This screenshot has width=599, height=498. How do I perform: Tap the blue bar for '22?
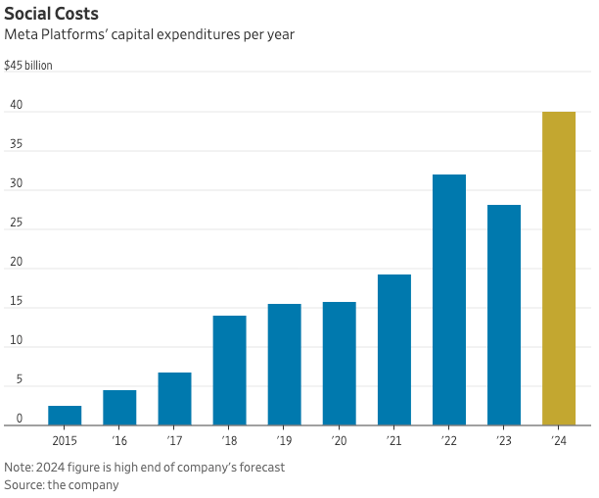tap(449, 299)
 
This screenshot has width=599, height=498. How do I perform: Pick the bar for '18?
tap(230, 370)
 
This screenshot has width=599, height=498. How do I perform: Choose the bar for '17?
tap(174, 398)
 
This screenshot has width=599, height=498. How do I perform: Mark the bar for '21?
tap(394, 349)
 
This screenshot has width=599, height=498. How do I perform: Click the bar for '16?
tap(119, 407)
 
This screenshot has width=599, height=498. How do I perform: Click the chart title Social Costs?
tap(51, 14)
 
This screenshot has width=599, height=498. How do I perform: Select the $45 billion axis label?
tap(28, 66)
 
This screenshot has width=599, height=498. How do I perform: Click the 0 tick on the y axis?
tap(19, 419)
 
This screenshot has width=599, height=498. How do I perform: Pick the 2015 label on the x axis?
tap(65, 442)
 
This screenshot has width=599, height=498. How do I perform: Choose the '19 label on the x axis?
tap(285, 442)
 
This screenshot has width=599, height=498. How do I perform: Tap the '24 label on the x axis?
tap(559, 442)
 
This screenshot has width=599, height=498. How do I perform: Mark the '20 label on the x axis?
tap(340, 442)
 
